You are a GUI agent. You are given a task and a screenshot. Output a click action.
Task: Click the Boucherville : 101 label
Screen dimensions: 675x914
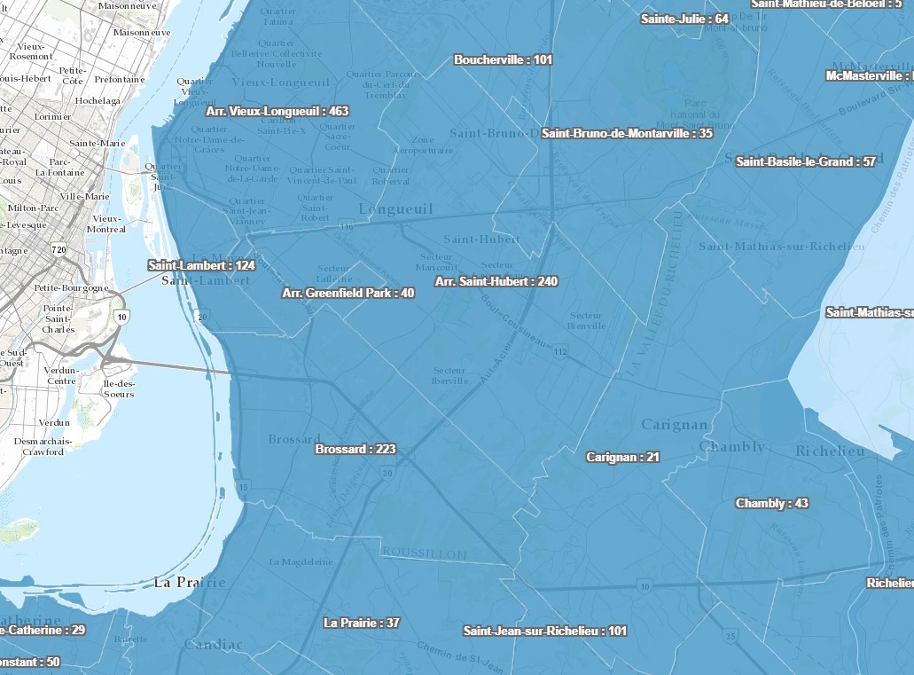pos(503,60)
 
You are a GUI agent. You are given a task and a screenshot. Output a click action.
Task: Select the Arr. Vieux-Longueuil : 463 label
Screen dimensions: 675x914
pos(277,112)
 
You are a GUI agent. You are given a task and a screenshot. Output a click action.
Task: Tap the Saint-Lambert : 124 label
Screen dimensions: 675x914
pos(201,265)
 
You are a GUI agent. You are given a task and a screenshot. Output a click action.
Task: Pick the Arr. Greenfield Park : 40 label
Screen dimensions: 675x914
pos(348,293)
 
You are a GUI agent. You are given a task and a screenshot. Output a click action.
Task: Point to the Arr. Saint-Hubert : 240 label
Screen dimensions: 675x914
pos(496,281)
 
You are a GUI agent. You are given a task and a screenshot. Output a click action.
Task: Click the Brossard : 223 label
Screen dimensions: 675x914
pos(355,449)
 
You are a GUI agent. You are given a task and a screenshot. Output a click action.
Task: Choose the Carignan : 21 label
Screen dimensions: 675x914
pos(622,458)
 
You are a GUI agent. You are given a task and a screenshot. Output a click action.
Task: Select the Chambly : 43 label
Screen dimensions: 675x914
pos(771,503)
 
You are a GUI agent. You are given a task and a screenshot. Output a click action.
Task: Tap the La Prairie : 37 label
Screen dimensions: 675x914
pos(361,623)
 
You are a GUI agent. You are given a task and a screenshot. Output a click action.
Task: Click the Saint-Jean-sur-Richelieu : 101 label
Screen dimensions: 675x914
pos(544,632)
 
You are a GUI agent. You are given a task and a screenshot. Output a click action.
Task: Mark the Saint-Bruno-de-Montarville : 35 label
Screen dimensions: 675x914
pos(627,134)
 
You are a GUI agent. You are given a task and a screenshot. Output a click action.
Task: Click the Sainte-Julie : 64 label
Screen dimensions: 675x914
pos(684,19)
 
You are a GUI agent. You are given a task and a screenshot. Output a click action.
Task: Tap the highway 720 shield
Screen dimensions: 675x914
pos(59,250)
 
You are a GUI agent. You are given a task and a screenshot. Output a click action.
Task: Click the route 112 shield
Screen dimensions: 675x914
pos(559,352)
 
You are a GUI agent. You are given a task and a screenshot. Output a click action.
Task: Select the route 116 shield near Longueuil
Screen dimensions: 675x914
pos(346,227)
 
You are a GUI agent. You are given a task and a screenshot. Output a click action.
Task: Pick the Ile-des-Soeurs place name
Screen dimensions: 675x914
pos(118,389)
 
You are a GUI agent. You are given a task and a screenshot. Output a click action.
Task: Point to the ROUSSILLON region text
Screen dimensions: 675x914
pos(424,553)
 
